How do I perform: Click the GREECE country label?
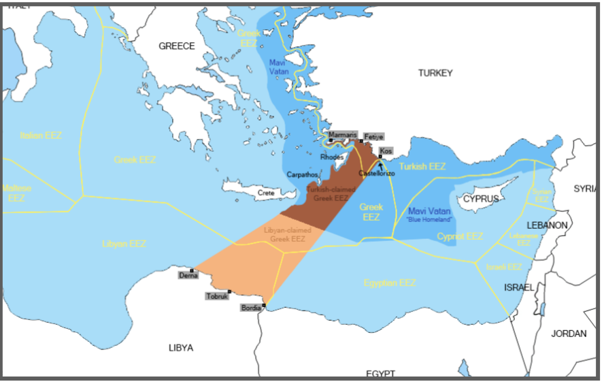pos(176,46)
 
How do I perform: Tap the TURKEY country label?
pos(435,73)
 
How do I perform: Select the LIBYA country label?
pos(180,348)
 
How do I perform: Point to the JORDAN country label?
pos(568,334)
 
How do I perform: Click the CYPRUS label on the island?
pos(480,199)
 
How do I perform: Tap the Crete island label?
pos(266,193)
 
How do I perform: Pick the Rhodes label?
pos(332,157)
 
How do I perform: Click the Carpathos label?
pos(303,175)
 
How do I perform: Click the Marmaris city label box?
pos(342,135)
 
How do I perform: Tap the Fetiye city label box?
pos(373,137)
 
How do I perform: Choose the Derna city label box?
pos(188,275)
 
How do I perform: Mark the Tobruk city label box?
pos(217,296)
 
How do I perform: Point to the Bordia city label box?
pos(250,308)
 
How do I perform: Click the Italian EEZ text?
pos(41,135)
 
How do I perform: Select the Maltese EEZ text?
pos(16,193)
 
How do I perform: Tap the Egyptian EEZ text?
pos(390,283)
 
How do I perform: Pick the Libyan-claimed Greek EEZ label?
pos(288,234)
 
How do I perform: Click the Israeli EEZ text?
pos(504,267)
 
